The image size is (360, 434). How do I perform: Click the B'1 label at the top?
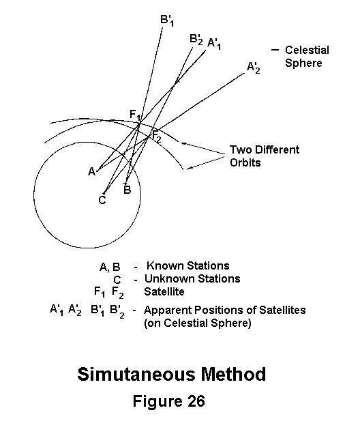[x=167, y=20]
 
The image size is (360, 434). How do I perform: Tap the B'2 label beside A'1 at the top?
[x=196, y=39]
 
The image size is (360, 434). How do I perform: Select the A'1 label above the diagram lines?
[x=214, y=44]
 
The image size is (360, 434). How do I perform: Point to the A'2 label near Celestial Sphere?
[x=253, y=68]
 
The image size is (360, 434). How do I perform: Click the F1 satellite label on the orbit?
[x=135, y=115]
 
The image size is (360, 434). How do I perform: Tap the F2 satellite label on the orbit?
[x=157, y=136]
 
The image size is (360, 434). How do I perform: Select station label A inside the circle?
[x=92, y=171]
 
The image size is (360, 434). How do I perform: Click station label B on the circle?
[x=127, y=190]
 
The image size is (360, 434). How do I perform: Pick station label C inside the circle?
[x=102, y=200]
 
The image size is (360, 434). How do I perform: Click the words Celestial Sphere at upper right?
[x=307, y=57]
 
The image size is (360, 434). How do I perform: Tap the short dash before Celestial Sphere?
[x=275, y=50]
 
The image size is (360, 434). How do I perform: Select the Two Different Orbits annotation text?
[x=265, y=156]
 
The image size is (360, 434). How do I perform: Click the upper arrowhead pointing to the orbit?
[x=183, y=143]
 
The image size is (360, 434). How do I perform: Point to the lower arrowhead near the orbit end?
[x=190, y=167]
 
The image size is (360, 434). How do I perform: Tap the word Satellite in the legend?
[x=164, y=291]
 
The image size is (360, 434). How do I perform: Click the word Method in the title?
[x=233, y=374]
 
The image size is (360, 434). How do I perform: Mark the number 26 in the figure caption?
[x=196, y=401]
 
